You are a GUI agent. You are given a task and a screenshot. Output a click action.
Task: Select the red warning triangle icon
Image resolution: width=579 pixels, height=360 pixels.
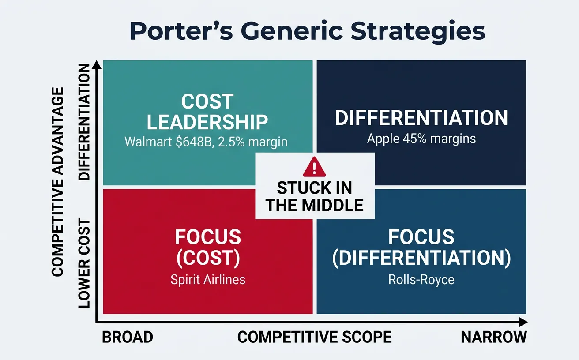[x=314, y=167]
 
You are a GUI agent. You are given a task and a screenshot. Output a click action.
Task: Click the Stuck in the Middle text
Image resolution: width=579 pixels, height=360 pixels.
[x=314, y=196]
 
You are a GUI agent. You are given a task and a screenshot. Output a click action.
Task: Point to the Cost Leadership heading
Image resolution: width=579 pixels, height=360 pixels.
[x=207, y=112]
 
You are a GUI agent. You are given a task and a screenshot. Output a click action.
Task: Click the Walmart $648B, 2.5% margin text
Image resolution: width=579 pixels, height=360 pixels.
[x=206, y=142]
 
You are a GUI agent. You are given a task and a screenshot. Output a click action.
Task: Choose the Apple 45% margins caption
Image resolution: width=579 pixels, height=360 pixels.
[x=421, y=139]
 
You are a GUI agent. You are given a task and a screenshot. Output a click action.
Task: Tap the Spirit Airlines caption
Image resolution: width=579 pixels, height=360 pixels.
[x=208, y=279]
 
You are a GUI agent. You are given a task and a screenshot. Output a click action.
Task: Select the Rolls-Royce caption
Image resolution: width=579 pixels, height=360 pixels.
[x=421, y=280]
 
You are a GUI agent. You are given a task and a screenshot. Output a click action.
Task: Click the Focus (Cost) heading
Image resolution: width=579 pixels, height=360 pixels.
[x=208, y=248]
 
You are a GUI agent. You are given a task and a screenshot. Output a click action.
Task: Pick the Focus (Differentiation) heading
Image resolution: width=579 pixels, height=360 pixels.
[x=421, y=248]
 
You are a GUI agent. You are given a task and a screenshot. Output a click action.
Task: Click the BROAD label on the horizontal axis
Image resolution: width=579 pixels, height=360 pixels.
[x=128, y=337]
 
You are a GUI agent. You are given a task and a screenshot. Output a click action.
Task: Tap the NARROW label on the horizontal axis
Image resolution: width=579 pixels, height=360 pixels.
[x=494, y=337]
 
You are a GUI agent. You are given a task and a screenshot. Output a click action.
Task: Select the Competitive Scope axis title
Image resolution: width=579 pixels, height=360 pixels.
[x=314, y=337]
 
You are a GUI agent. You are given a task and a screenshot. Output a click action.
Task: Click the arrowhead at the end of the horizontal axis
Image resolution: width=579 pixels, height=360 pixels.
[x=523, y=322]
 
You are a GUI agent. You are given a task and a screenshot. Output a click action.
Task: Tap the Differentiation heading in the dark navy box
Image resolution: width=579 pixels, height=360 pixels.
[x=421, y=118]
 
